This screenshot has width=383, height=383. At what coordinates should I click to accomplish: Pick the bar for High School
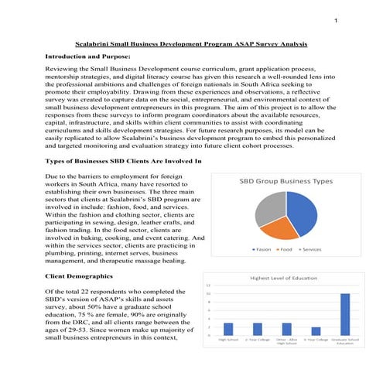(227, 329)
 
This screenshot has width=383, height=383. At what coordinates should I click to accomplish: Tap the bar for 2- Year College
(257, 329)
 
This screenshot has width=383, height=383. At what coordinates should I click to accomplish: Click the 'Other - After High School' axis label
(286, 342)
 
